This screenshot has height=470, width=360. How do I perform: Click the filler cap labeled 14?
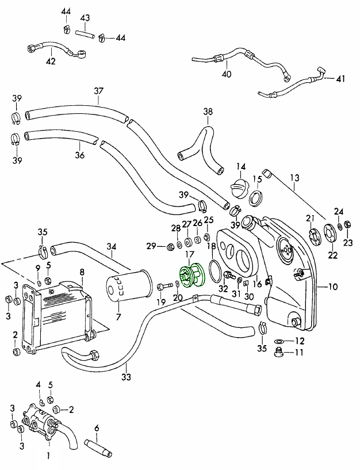coord(239,189)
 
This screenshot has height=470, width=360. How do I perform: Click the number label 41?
coord(341,79)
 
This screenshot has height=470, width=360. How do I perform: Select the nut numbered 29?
coord(170,247)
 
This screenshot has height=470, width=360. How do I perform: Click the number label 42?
coord(51,61)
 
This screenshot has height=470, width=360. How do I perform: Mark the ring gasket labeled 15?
coord(258,199)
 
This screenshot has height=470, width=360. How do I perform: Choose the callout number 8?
coord(82,272)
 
